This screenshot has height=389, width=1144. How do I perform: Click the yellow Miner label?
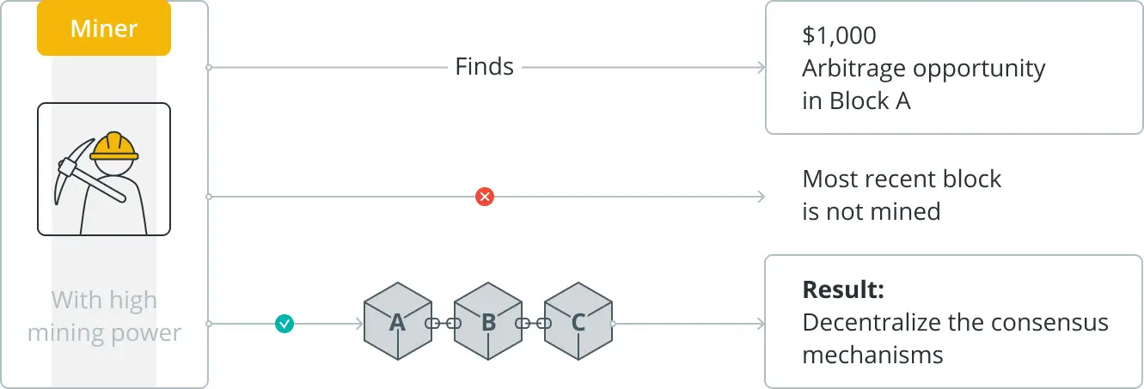point(103,28)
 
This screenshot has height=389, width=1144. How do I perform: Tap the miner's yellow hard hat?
point(114,147)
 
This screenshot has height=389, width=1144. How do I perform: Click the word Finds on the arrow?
point(484,67)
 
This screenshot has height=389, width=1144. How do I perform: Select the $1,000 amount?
point(839,35)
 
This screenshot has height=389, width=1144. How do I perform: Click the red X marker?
point(485,198)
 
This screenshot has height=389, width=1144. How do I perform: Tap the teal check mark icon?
point(284,324)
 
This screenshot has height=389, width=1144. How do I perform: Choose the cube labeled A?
point(397,322)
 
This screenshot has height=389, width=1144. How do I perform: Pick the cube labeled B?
point(488,322)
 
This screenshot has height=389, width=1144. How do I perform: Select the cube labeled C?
point(578,322)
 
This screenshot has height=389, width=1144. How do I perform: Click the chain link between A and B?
point(443,324)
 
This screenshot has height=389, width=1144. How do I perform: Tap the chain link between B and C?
point(533,324)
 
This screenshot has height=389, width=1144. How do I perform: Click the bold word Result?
point(843,289)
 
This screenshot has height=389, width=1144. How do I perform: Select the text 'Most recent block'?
point(902,179)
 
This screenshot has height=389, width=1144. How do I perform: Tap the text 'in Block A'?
point(856,100)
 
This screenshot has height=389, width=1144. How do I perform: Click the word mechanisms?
point(872,354)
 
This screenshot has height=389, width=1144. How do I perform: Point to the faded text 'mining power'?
point(104,332)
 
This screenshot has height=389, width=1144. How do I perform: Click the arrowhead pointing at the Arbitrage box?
point(759,67)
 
